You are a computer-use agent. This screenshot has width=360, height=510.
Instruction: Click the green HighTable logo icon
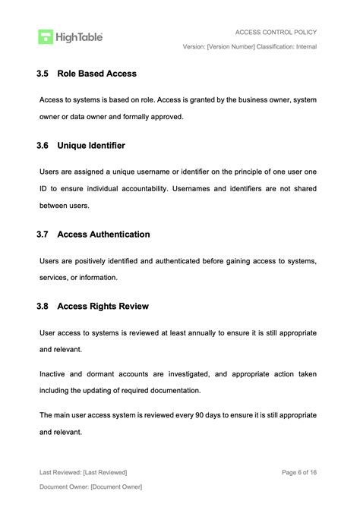click(46, 36)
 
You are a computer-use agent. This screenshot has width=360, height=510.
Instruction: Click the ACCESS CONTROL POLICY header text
click(276, 32)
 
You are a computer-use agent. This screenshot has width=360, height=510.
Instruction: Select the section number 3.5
click(43, 74)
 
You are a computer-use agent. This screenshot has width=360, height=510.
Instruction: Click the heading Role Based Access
click(96, 74)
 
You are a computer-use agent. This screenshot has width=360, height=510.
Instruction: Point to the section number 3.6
click(43, 145)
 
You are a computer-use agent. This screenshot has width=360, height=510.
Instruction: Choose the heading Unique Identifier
click(91, 145)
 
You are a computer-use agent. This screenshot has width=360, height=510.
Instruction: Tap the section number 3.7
click(43, 235)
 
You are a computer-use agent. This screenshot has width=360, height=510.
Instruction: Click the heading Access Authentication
click(103, 235)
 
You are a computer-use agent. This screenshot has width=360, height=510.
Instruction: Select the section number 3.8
click(43, 306)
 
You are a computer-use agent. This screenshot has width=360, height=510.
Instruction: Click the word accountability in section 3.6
click(143, 189)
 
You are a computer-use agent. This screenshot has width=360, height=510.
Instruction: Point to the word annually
click(197, 332)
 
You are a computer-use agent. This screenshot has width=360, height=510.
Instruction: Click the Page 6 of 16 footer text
click(299, 472)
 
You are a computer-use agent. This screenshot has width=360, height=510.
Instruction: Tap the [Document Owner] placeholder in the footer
click(116, 486)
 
